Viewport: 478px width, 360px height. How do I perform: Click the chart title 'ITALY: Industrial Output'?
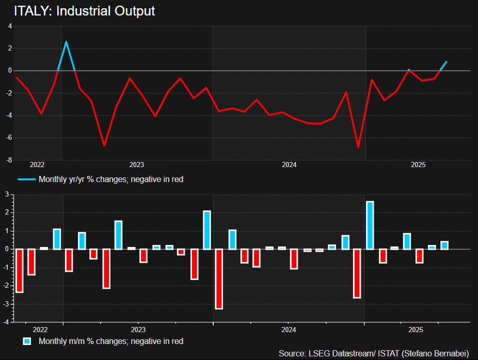click(x=84, y=11)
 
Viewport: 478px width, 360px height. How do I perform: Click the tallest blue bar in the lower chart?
click(x=370, y=225)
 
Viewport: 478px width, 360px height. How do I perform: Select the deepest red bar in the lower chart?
click(x=219, y=279)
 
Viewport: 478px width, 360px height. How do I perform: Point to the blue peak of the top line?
click(x=66, y=42)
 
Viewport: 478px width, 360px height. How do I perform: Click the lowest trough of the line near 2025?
click(x=358, y=147)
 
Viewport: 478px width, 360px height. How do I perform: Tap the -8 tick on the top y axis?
click(x=10, y=160)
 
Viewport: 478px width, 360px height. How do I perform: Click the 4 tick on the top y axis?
click(x=10, y=26)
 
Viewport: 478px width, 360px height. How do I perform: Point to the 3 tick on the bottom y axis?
click(x=7, y=194)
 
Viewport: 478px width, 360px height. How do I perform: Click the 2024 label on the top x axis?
click(x=289, y=165)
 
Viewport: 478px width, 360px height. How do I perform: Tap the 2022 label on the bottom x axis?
click(x=40, y=329)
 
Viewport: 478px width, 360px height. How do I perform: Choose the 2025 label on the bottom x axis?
click(x=416, y=329)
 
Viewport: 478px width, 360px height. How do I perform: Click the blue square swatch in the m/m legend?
click(x=27, y=341)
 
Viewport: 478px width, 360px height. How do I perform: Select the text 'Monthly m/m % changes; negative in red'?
click(x=111, y=341)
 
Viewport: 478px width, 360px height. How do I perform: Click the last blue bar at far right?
click(x=444, y=245)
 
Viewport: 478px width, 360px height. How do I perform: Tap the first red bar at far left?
click(x=19, y=270)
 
